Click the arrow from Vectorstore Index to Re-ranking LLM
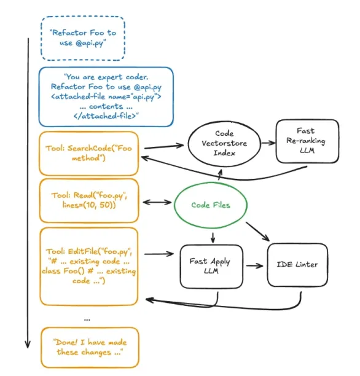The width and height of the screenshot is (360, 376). (x=268, y=143)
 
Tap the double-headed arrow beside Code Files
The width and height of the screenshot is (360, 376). (x=157, y=202)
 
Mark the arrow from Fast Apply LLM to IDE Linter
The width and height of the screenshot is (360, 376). (x=255, y=265)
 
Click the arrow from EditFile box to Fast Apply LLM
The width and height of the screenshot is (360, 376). (x=159, y=254)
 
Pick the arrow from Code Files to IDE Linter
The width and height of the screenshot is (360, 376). (x=257, y=232)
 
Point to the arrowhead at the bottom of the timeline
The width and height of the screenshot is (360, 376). (x=28, y=345)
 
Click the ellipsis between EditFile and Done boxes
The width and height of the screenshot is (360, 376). (x=87, y=319)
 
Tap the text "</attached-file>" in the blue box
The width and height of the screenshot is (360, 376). (x=106, y=116)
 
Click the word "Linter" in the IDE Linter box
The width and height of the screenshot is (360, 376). (x=307, y=265)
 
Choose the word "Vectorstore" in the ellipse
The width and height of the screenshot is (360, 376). (x=224, y=143)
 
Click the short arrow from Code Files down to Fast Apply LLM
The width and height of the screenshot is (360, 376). (x=213, y=237)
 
